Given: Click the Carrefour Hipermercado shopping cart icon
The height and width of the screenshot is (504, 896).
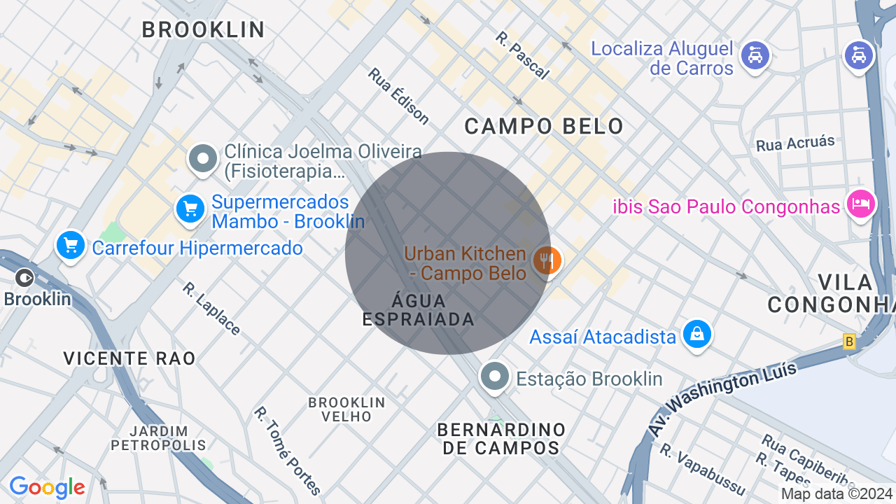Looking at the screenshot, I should tap(71, 246).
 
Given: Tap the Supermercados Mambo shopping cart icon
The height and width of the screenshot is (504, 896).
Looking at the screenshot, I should tap(190, 209).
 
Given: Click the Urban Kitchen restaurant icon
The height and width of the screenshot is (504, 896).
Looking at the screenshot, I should tap(546, 260).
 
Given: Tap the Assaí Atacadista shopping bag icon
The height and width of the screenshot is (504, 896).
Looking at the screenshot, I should tap(697, 334).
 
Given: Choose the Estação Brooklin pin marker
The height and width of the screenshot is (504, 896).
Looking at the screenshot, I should tap(495, 377).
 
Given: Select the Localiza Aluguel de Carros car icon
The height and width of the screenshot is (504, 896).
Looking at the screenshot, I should tap(755, 55).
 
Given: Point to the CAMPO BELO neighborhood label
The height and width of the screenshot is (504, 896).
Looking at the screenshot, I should tap(544, 127).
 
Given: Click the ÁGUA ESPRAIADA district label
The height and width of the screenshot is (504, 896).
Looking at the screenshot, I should tap(419, 310).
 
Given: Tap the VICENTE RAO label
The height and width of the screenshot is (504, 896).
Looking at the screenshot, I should tap(129, 358).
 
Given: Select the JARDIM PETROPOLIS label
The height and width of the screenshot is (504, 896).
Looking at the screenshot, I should tap(159, 438).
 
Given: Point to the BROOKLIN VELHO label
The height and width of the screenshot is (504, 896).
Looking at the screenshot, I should tap(347, 409).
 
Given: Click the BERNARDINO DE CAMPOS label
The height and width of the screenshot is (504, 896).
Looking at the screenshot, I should tap(501, 438).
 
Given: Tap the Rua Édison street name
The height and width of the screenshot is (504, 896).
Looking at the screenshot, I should tap(398, 96).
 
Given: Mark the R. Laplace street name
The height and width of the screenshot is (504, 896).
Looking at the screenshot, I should tap(211, 309).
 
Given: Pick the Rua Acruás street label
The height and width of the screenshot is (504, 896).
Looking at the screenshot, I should tap(795, 143).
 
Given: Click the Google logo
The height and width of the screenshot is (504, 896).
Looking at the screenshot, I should tap(47, 487).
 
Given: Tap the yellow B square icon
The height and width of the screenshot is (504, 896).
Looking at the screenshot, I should tap(850, 342).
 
